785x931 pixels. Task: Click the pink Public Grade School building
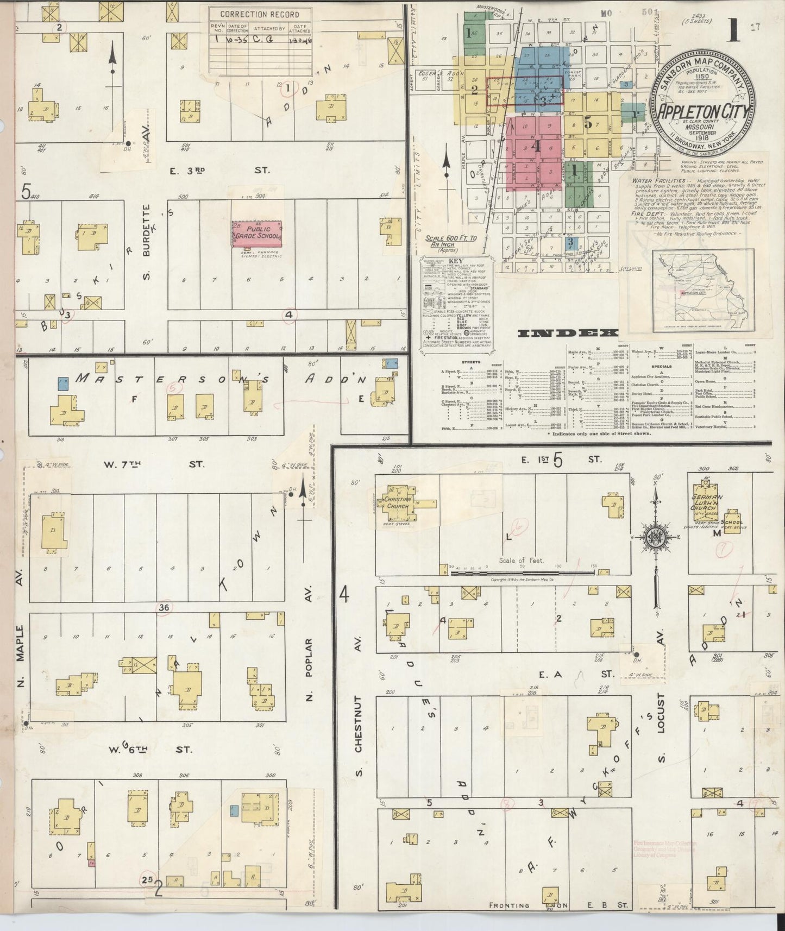[x=257, y=234]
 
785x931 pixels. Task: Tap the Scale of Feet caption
[x=520, y=561]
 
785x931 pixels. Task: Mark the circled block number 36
[x=164, y=608]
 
